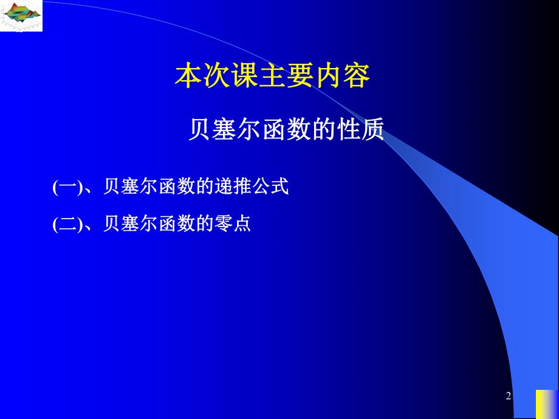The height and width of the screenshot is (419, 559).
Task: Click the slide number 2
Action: [x=509, y=397]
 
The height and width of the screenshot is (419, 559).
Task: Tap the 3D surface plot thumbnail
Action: [x=21, y=15]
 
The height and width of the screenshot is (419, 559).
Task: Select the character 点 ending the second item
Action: [x=241, y=224]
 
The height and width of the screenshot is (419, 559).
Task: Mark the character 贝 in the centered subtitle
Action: [x=199, y=129]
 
